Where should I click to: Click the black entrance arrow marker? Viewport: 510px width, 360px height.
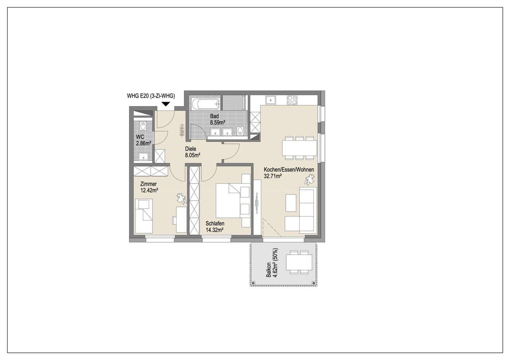click(166, 104)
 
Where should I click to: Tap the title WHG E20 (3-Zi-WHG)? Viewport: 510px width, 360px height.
click(151, 96)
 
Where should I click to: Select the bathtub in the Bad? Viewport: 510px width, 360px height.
click(206, 103)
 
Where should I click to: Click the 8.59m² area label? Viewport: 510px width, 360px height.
click(217, 123)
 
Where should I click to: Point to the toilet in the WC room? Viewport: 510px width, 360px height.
click(143, 126)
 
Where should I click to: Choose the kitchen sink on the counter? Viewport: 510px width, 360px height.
click(270, 100)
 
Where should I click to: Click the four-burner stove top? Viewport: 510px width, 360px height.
click(292, 100)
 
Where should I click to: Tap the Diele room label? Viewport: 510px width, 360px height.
click(191, 149)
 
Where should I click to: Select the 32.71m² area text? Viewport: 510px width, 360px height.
click(273, 176)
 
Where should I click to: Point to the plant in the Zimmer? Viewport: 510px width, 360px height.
click(182, 199)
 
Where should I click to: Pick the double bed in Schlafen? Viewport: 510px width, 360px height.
click(228, 200)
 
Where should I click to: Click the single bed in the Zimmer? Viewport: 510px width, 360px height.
click(144, 216)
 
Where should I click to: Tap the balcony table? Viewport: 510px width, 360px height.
click(299, 262)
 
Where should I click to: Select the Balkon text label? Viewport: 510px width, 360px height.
click(269, 270)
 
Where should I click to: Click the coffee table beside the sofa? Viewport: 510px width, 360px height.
click(291, 203)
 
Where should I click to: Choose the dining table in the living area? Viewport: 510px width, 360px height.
click(299, 148)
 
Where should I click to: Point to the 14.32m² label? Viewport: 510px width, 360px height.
click(214, 230)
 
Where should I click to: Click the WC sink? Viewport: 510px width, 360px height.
click(143, 157)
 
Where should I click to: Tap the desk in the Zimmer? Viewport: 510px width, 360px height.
click(181, 220)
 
